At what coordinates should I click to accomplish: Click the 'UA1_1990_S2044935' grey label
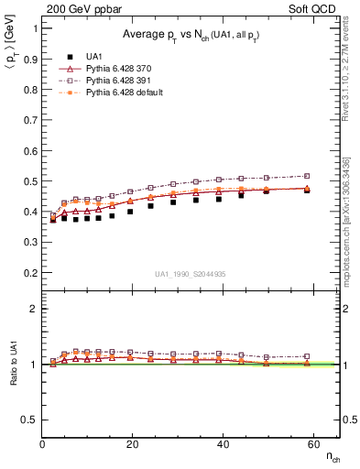(191, 273)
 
